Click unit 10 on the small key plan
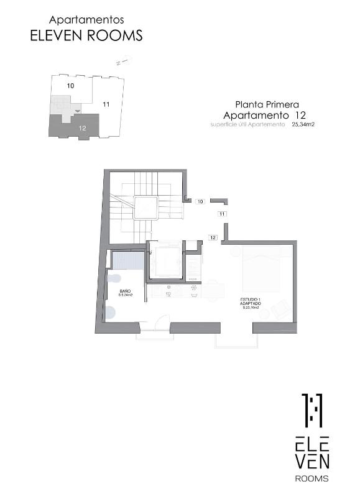[70, 85]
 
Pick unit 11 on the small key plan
[106, 104]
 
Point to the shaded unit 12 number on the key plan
[82, 127]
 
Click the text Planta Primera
[267, 104]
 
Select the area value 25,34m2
[303, 124]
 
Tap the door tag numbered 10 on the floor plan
[200, 201]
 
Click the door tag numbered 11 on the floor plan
[221, 214]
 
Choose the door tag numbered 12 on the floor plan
[212, 237]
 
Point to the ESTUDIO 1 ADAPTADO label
[251, 303]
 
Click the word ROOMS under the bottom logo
[312, 478]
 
